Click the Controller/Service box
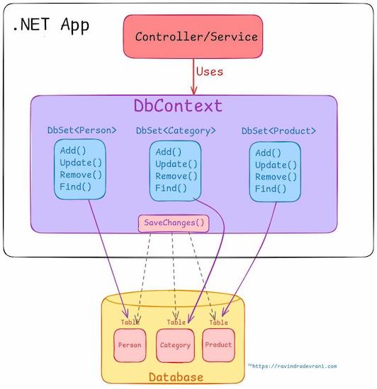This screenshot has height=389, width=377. pos(196,37)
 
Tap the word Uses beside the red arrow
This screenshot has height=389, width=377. pos(209,71)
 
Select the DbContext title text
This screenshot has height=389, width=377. pos(178,106)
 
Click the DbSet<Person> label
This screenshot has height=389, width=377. pos(81,130)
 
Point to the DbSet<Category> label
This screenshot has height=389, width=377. pos(176,130)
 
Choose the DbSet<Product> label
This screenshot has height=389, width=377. pos(278,131)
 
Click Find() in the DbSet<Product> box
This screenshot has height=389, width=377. pos(271,189)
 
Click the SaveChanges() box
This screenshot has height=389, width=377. pos(174,223)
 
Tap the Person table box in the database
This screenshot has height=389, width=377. pos(130,346)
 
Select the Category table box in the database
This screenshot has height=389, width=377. pos(175,346)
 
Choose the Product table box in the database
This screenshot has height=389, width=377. pos(218,344)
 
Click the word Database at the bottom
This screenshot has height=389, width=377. pos(175,377)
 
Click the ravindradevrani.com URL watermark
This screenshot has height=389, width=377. pos(294,366)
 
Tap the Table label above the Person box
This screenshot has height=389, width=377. pos(130,323)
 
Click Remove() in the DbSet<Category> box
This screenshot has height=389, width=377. pos(176,176)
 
